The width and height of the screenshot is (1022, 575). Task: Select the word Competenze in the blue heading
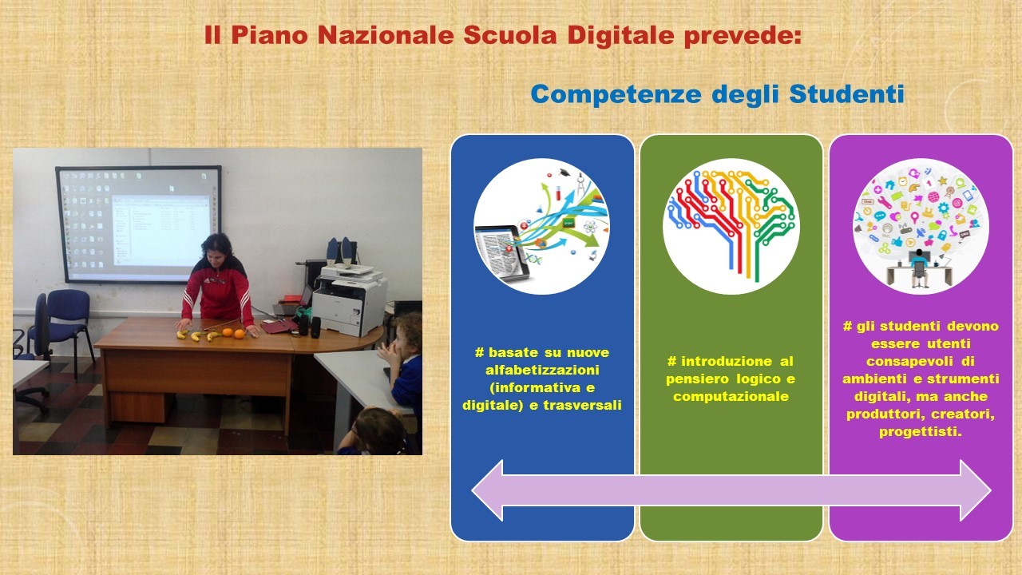(x=616, y=94)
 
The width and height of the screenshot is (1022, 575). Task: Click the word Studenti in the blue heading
(x=847, y=93)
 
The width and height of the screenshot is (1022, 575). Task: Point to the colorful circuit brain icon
(x=731, y=226)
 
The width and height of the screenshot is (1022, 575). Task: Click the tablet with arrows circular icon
(x=542, y=226)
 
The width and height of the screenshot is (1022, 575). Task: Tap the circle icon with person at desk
(x=921, y=226)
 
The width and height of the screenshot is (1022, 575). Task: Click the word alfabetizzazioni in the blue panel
(x=542, y=370)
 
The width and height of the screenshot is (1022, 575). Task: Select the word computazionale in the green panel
(x=731, y=397)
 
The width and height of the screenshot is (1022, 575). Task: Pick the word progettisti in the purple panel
(x=920, y=432)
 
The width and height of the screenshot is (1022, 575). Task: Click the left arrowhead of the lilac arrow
(x=487, y=490)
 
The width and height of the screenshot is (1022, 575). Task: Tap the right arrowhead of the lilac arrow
(x=976, y=490)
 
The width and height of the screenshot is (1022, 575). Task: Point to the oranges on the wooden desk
(x=233, y=333)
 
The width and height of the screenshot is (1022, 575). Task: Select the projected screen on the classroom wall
(x=139, y=224)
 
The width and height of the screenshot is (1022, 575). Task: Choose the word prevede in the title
(x=743, y=36)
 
